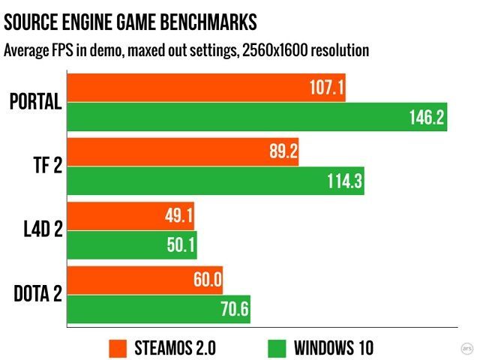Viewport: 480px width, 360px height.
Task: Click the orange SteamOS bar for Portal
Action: (206, 88)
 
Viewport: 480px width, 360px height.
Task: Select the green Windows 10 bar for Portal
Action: (257, 117)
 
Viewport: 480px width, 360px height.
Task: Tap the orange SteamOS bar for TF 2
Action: (183, 153)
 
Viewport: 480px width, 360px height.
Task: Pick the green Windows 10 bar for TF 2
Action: (216, 181)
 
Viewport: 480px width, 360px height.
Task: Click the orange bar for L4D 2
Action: (131, 217)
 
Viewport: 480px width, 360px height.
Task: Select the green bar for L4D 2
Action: (132, 245)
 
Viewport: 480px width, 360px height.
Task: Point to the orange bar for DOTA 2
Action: (145, 281)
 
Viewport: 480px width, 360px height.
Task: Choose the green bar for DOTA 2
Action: (159, 309)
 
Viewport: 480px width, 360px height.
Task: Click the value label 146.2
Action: (424, 118)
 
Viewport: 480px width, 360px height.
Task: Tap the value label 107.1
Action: (326, 88)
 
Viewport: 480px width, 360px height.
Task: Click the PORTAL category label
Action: (35, 102)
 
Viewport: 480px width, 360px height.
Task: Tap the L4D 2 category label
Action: (38, 232)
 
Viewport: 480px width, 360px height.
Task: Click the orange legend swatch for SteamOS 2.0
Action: (118, 348)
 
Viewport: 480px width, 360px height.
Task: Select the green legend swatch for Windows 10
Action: (277, 348)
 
